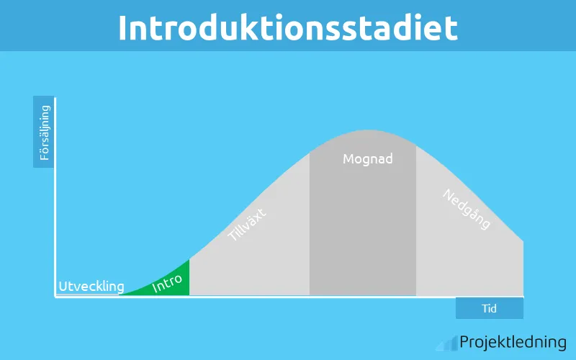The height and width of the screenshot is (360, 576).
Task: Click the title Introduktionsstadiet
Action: point(288,27)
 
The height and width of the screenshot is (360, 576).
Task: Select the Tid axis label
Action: point(490,308)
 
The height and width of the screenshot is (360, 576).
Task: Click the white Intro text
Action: point(168,283)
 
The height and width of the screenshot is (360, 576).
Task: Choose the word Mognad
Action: point(368,159)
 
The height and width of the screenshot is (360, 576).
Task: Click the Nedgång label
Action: point(467,209)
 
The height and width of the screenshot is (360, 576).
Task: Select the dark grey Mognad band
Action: point(363,230)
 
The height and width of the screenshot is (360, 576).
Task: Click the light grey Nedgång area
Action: point(468,259)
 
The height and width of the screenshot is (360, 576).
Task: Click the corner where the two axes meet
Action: point(56,297)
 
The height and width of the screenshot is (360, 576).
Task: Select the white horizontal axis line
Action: point(288,297)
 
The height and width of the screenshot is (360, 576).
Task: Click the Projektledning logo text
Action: point(513,343)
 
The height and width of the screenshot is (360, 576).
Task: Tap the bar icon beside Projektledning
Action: point(451,343)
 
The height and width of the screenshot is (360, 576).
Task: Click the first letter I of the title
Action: point(123,27)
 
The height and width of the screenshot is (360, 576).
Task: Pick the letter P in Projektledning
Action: point(465,342)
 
